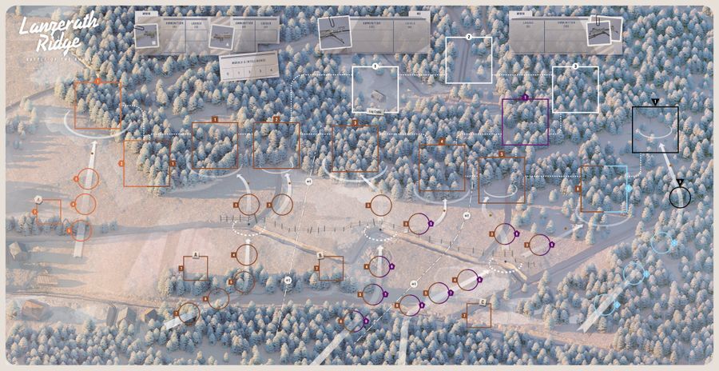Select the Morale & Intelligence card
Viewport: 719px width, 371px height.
click(248, 66)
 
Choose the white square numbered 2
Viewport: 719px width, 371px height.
click(469, 59)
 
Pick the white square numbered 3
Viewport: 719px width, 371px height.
click(575, 89)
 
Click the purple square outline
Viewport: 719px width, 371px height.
click(526, 121)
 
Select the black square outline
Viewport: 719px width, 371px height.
click(655, 129)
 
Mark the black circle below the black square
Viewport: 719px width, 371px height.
click(680, 197)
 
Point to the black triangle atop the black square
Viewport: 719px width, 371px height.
click(655, 102)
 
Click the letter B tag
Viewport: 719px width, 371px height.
click(320, 255)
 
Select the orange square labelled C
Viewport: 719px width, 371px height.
click(479, 314)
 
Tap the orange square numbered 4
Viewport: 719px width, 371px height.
click(442, 167)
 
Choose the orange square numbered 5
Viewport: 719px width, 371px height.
click(502, 179)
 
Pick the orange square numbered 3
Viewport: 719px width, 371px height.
click(355, 149)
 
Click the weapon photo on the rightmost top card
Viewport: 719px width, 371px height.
click(602, 33)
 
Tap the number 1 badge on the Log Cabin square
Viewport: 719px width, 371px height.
click(375, 66)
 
